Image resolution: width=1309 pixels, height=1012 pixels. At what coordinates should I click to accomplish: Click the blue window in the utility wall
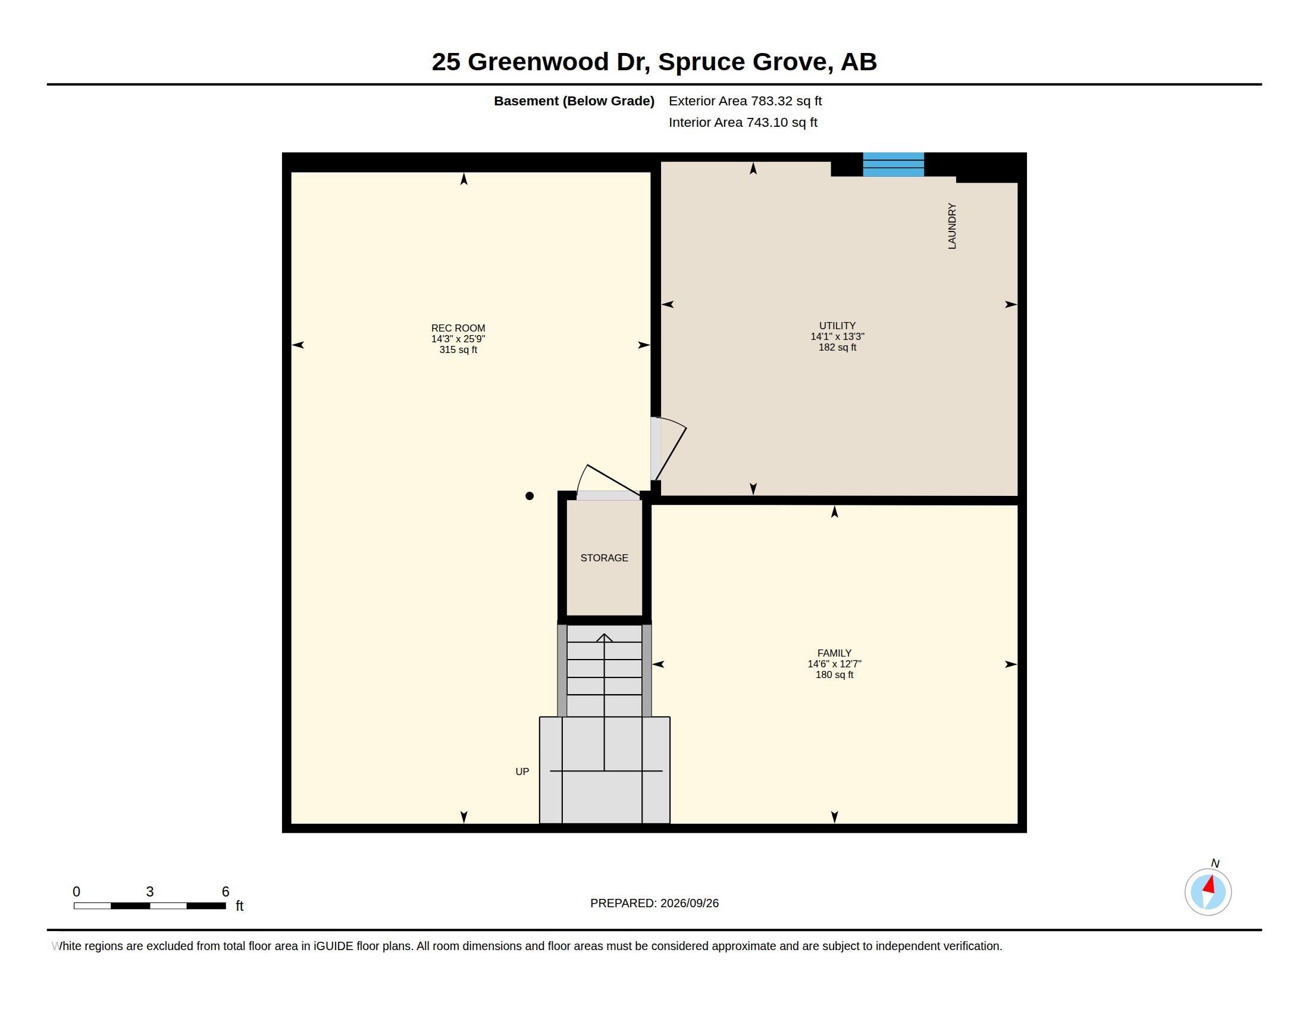[x=893, y=165]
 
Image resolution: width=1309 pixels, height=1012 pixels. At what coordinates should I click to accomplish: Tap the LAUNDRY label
[x=952, y=226]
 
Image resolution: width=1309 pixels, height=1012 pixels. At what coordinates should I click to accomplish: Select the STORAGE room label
[x=604, y=558]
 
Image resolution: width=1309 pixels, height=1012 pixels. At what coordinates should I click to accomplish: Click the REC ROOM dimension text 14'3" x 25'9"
[x=458, y=339]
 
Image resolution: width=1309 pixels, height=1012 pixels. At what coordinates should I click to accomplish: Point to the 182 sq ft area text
[x=837, y=347]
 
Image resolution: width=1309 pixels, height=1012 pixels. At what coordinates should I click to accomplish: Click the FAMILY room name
[x=834, y=653]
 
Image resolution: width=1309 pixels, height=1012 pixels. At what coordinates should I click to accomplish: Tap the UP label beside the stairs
[x=522, y=772]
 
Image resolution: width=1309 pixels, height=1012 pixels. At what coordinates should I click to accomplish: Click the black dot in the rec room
[x=529, y=496]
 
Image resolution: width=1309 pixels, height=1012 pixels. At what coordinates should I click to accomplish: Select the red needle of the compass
[x=1210, y=884]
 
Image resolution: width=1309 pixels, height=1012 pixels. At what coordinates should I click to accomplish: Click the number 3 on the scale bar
[x=150, y=892]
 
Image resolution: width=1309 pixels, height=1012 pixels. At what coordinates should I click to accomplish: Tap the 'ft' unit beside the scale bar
[x=239, y=905]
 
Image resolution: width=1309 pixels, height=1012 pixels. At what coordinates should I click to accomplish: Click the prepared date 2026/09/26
[x=689, y=903]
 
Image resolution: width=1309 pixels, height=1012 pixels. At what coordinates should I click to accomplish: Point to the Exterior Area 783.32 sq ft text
[x=745, y=101]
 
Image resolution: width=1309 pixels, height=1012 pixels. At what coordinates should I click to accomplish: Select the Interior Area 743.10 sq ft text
[x=743, y=122]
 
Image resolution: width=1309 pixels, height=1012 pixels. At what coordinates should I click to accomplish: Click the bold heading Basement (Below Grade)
[x=574, y=101]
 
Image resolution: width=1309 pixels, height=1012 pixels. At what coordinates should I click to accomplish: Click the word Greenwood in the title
[x=538, y=62]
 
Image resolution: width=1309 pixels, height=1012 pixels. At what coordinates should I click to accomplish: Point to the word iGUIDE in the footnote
[x=333, y=946]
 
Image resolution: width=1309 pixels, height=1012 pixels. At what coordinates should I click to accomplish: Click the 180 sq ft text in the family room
[x=834, y=674]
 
